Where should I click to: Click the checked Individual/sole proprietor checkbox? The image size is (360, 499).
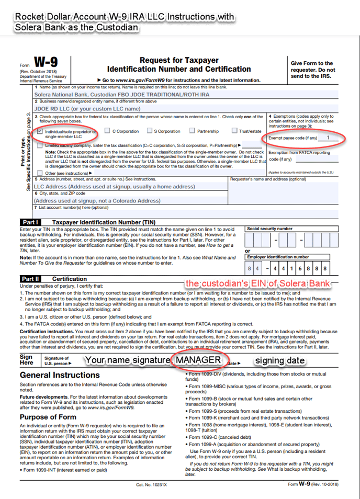tap(40, 132)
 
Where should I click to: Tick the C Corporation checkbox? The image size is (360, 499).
tap(107, 131)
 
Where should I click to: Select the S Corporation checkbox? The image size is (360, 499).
tap(150, 131)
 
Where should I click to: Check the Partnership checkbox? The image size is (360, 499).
tap(193, 131)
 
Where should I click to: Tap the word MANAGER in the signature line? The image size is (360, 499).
tap(198, 360)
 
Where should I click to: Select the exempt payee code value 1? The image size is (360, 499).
tap(328, 138)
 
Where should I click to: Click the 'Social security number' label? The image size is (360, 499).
tap(269, 229)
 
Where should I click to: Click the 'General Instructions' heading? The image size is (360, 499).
tap(60, 375)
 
